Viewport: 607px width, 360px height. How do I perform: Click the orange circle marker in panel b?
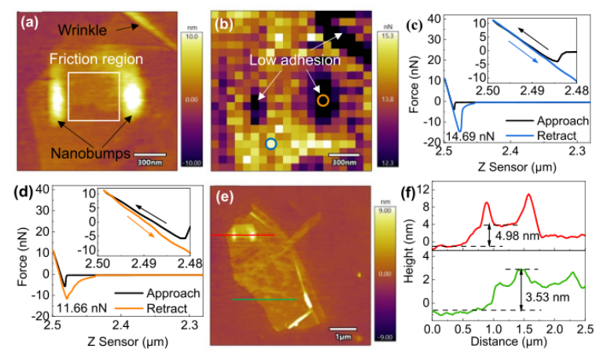pyautogui.click(x=322, y=100)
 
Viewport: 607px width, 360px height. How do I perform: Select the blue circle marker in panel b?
pyautogui.click(x=270, y=144)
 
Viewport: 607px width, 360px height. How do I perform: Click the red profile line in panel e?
pyautogui.click(x=252, y=234)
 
